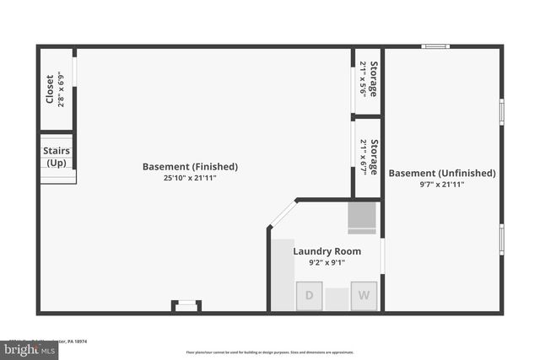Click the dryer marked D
(309, 295)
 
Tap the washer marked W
(364, 295)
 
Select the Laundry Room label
(327, 251)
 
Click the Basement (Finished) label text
(190, 167)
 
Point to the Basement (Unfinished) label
(442, 173)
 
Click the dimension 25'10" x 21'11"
(190, 179)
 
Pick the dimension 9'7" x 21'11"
(442, 185)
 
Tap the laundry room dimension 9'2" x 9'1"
(327, 263)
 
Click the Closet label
(50, 89)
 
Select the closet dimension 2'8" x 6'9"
(62, 89)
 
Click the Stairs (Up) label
(57, 156)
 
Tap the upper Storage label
(374, 79)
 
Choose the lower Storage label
(374, 157)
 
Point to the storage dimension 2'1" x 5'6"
(363, 79)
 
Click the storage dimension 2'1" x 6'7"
(363, 157)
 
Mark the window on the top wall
(435, 46)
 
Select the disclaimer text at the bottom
(270, 352)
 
